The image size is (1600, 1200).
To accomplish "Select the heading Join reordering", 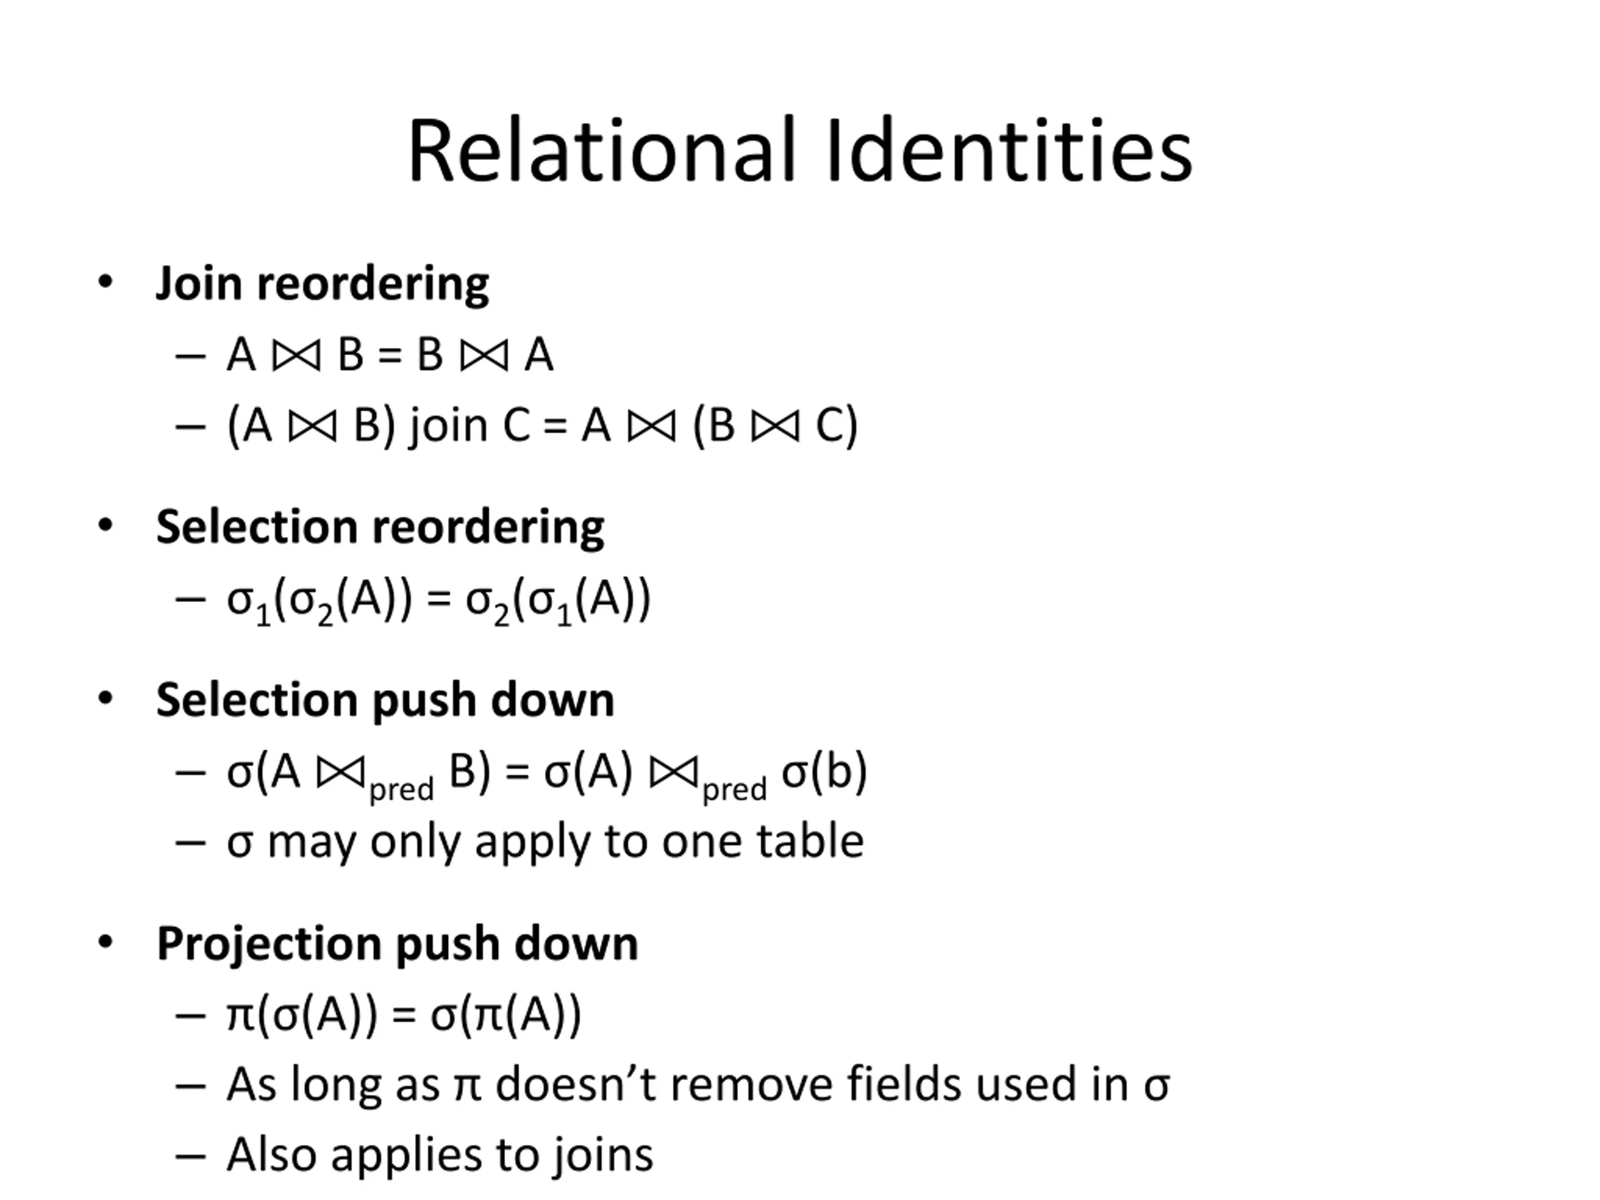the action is point(322,283).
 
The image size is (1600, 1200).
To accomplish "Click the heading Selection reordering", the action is point(380,527).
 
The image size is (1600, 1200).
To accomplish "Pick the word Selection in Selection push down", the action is point(256,699).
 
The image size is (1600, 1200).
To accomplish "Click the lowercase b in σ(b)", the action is point(837,771).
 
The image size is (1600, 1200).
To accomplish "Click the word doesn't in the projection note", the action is point(576,1084).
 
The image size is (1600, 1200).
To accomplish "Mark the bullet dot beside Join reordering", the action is point(106,282).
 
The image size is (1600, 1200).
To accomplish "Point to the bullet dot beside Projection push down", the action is point(106,942).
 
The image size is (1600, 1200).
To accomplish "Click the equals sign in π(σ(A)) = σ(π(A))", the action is point(404,1015).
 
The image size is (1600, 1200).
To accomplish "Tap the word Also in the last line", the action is point(272,1154).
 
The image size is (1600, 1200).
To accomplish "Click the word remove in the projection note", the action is point(752,1084).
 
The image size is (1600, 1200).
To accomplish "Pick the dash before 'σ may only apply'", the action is point(190,842).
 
